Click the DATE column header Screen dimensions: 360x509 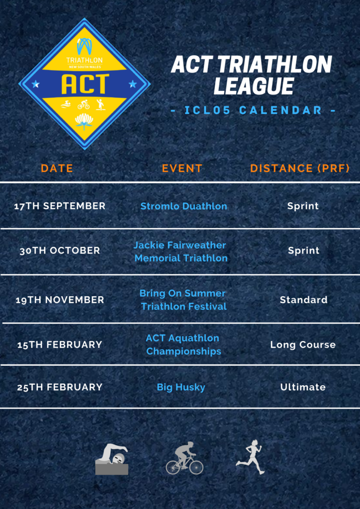click(57, 168)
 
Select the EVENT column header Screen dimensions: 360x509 click(182, 168)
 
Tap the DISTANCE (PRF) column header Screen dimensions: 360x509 click(300, 168)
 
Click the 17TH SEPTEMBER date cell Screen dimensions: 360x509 click(60, 206)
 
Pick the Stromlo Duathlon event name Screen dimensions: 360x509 click(184, 206)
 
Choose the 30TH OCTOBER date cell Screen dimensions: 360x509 click(60, 251)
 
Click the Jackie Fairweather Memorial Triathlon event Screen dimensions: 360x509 click(180, 252)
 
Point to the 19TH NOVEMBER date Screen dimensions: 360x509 click(60, 300)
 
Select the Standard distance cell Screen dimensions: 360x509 click(303, 300)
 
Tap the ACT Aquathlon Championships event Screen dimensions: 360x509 click(183, 344)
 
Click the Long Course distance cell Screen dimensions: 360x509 click(303, 345)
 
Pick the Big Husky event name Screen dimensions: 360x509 click(181, 387)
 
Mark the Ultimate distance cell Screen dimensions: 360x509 click(303, 387)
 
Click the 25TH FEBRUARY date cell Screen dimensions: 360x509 click(60, 387)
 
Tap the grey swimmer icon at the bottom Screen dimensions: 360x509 click(112, 459)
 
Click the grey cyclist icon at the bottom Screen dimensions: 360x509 click(184, 458)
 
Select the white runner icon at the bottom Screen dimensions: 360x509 click(250, 457)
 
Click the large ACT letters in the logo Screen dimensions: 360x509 click(85, 84)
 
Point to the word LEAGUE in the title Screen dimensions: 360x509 click(254, 86)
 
